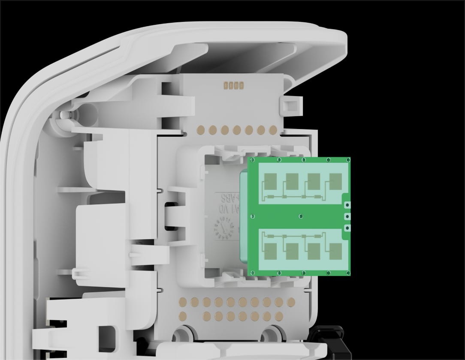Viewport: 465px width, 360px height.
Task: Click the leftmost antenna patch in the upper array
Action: tap(271, 181)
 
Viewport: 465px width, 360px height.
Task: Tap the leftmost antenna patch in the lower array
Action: tap(271, 252)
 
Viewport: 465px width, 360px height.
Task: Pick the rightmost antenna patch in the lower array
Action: tap(335, 250)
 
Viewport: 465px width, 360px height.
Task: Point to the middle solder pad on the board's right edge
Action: tap(347, 216)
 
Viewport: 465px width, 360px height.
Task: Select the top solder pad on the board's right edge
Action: tap(347, 205)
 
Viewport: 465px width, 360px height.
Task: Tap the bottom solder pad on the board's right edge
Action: tap(347, 228)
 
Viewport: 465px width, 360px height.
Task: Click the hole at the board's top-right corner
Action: tap(347, 160)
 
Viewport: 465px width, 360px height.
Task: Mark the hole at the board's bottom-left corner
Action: tap(253, 272)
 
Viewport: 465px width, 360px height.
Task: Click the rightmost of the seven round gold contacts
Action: tap(273, 129)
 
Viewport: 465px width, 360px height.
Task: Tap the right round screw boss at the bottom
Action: tap(272, 333)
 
